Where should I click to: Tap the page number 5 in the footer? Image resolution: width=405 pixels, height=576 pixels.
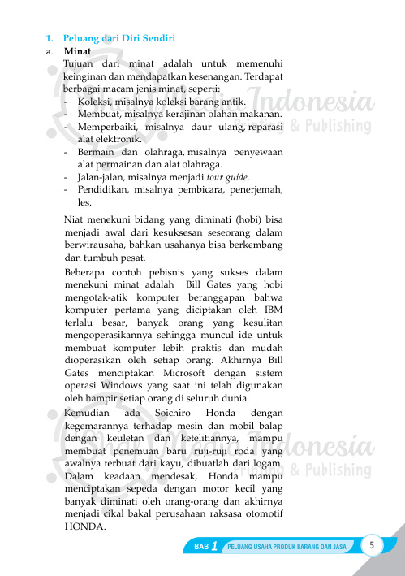(371, 544)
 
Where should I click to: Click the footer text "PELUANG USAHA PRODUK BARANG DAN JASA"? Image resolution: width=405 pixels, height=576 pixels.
(288, 547)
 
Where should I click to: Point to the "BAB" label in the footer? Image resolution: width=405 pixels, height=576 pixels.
(201, 547)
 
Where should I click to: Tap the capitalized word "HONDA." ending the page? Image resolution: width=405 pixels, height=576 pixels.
(84, 525)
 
